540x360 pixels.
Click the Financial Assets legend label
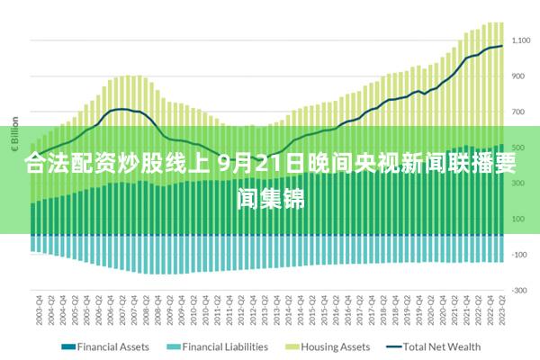tap(113, 346)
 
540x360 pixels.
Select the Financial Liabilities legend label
tap(225, 346)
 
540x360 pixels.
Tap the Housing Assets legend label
tap(335, 346)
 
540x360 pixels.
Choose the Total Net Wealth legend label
tap(442, 346)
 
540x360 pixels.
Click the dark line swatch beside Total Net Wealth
tap(392, 346)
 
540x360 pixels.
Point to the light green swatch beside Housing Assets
tap(292, 346)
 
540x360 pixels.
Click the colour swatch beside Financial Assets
tap(68, 346)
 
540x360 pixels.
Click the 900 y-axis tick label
tap(518, 76)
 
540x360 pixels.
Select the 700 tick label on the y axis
tap(518, 112)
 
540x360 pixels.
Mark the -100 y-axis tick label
tap(519, 255)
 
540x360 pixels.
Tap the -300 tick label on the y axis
tap(519, 290)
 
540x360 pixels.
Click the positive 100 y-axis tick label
tap(518, 219)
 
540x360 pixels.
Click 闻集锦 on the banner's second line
tap(270, 196)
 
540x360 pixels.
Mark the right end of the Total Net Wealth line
tap(501, 46)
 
